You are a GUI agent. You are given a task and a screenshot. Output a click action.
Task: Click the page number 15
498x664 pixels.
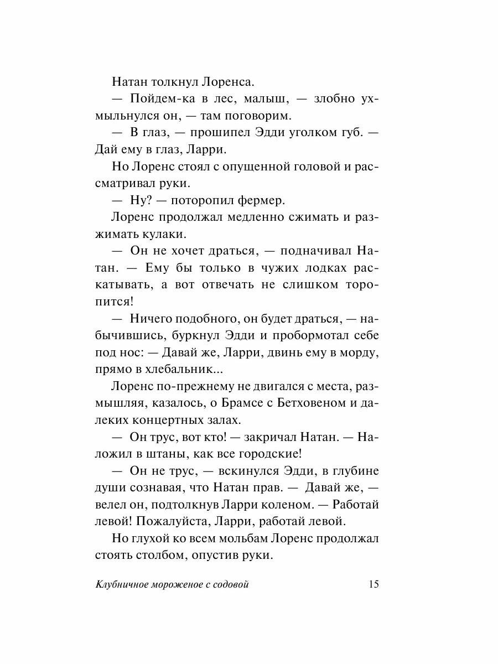coord(373,585)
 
